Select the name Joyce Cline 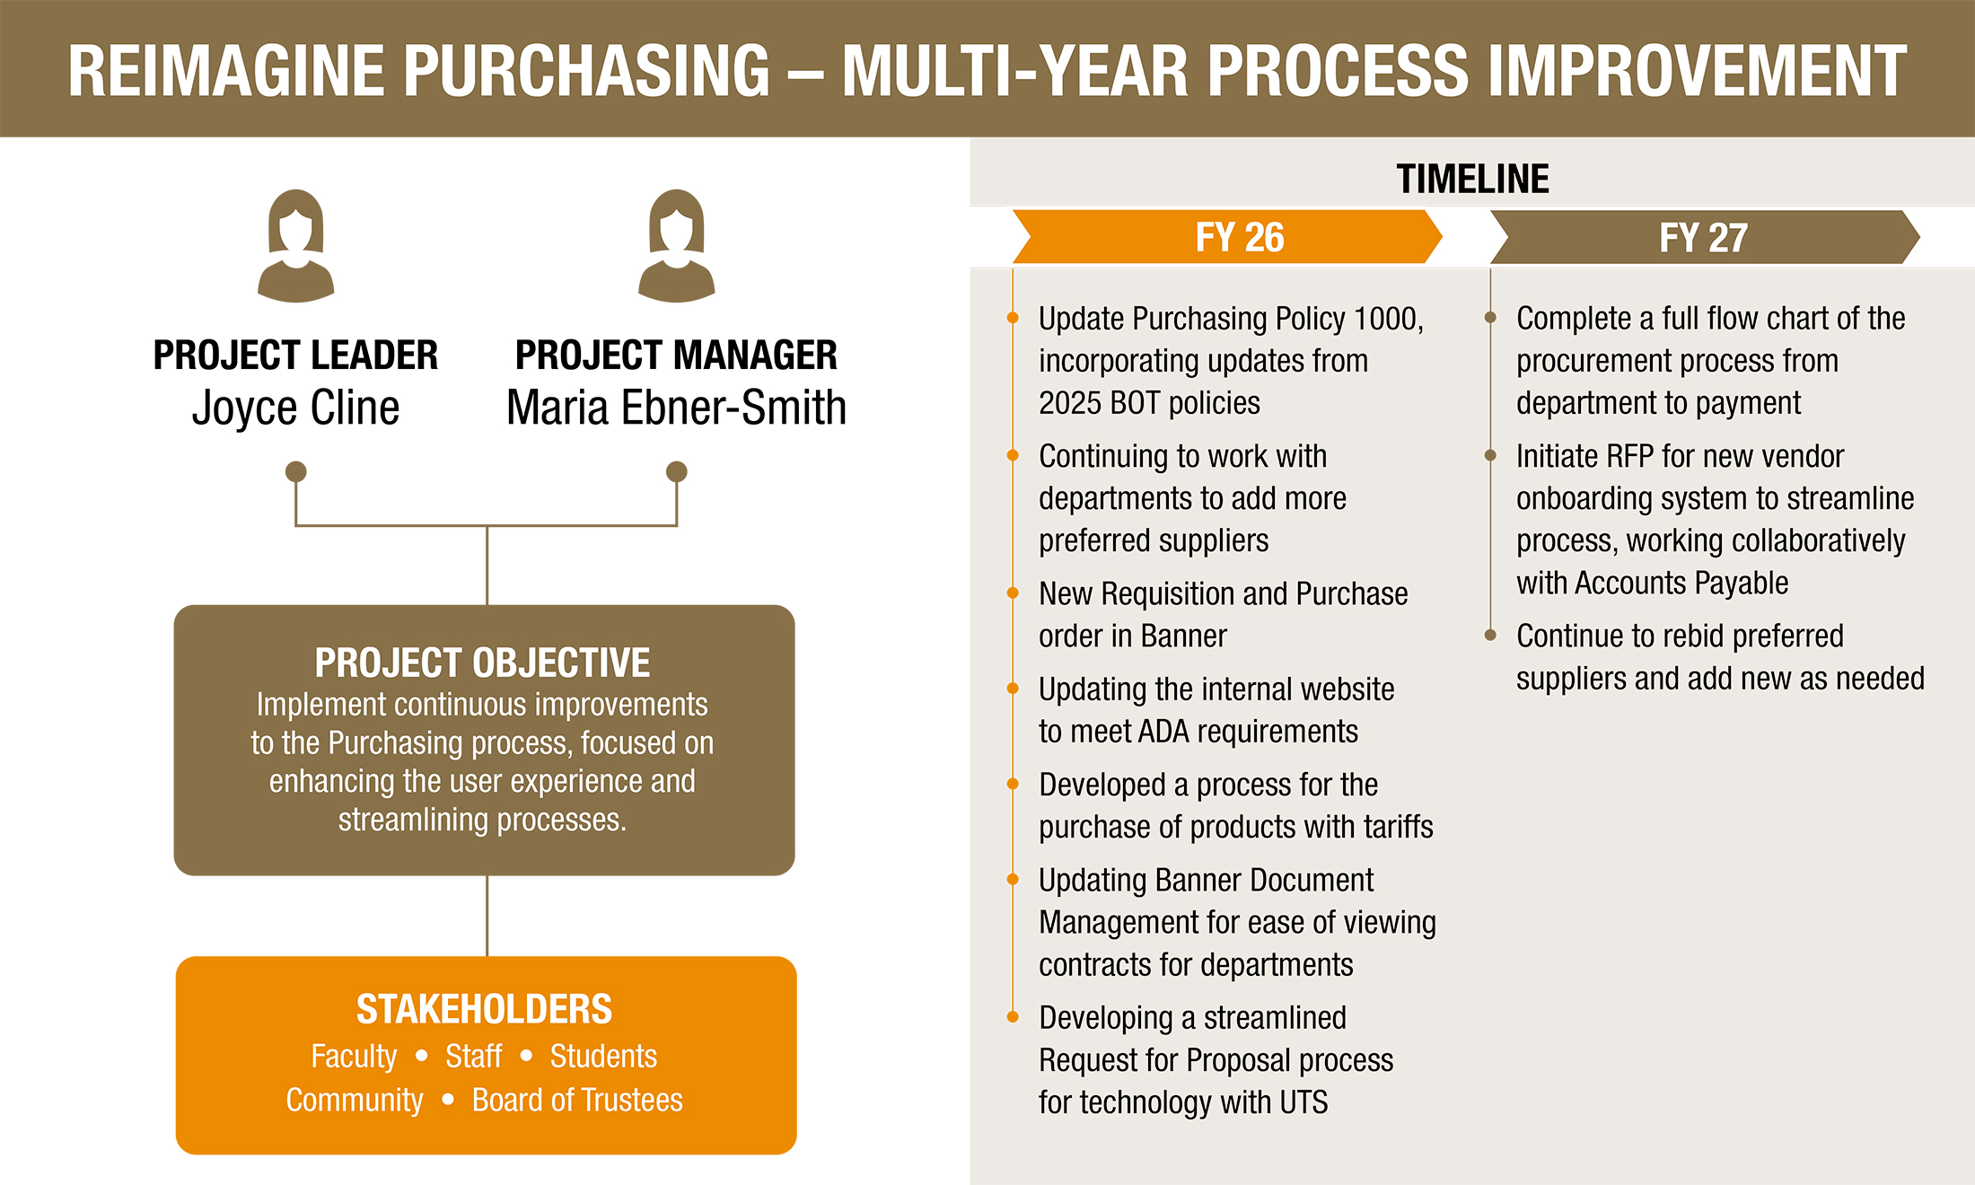pos(295,408)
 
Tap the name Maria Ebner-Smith pos(676,408)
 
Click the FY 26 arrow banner pos(1239,238)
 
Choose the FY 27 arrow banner pos(1703,238)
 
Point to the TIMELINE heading pos(1472,179)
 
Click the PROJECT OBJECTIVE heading pos(482,663)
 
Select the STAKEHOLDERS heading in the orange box pos(484,1009)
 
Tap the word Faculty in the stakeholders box pos(354,1057)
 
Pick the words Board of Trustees pos(577,1101)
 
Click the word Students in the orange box pos(603,1057)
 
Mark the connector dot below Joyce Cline pos(295,471)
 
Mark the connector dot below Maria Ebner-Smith pos(676,471)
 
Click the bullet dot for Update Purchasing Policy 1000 pos(1013,318)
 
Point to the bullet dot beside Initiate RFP pos(1490,455)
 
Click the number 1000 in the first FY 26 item pos(1385,319)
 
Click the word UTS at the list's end pos(1303,1102)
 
